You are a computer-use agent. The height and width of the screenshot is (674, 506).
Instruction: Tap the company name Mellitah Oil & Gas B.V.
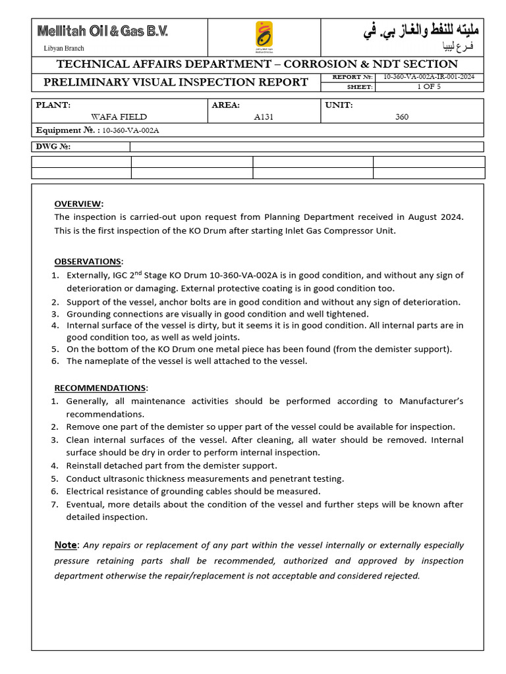point(102,31)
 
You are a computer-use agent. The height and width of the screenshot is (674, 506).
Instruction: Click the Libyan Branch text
point(64,48)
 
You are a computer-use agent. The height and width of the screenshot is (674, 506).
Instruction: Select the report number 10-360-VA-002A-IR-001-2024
point(429,77)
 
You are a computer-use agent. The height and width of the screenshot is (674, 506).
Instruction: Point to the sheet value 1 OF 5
point(429,87)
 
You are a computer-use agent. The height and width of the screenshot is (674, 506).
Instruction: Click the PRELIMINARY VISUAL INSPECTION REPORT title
point(175,82)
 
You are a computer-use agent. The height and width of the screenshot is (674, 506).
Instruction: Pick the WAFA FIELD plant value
point(119,117)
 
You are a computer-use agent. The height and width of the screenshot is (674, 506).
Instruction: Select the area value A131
point(264,117)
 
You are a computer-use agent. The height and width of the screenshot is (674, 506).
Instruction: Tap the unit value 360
point(402,117)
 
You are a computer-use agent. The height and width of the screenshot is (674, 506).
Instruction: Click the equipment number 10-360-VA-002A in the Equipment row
point(130,130)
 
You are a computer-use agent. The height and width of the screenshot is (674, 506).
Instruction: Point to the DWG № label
point(53,147)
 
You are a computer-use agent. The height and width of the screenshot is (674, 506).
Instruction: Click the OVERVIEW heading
point(78,203)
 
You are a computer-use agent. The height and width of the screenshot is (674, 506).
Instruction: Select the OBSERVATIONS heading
point(88,261)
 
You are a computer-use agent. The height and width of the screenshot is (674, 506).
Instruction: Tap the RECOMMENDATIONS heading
point(100,388)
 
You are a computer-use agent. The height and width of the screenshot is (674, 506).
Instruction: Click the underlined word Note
point(66,545)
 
